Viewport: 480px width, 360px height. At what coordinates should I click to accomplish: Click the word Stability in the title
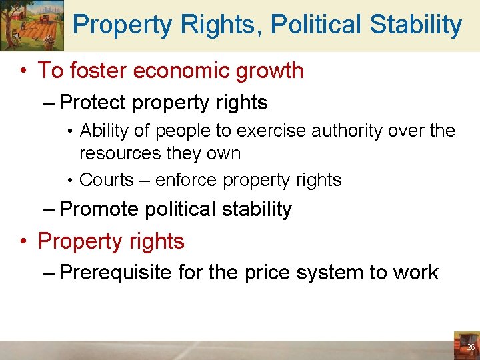tap(416, 25)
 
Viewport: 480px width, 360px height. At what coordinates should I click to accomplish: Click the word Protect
tap(93, 103)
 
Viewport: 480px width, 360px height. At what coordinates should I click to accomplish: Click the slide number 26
tap(471, 347)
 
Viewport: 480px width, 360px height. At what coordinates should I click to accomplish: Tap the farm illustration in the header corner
tap(32, 25)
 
